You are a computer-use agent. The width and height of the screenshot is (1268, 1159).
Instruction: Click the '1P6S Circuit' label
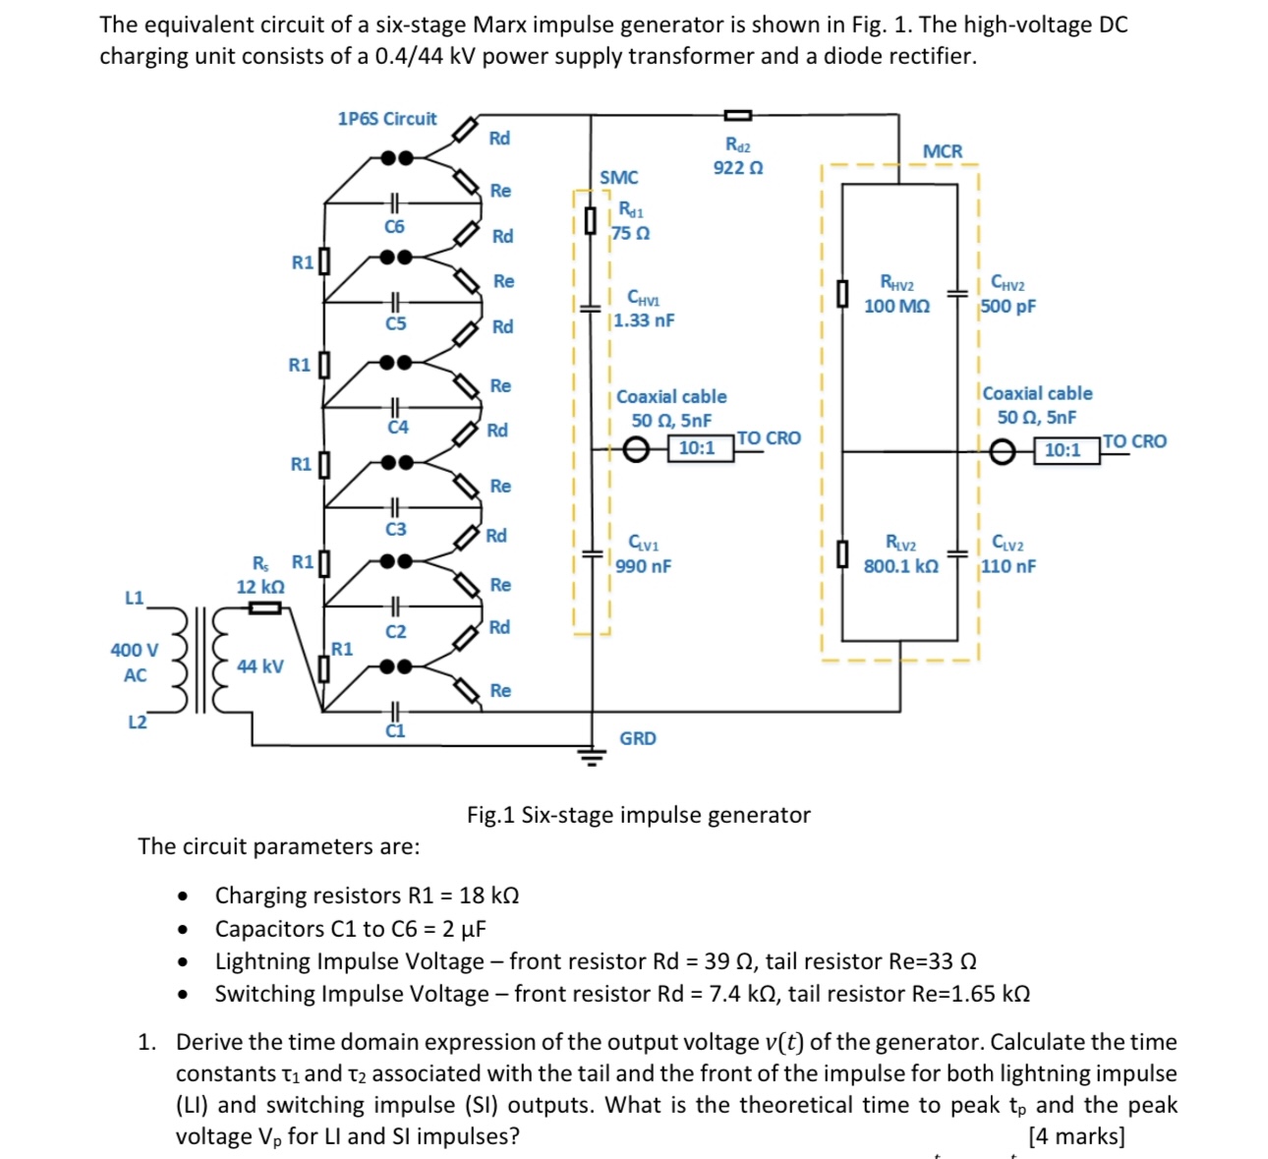tap(386, 119)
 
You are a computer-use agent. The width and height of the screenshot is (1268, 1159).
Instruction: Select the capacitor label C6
tap(394, 227)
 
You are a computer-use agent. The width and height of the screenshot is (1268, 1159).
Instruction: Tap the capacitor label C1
tap(394, 731)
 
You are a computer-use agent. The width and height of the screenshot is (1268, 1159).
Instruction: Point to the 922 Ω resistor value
tap(738, 168)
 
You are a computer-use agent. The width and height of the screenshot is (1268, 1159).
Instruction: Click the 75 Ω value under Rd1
tap(630, 234)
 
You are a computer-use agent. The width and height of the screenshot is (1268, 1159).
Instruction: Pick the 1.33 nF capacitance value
tap(644, 320)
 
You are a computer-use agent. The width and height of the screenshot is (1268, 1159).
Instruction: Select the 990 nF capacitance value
tap(644, 566)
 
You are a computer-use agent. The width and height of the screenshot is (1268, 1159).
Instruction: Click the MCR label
tap(943, 151)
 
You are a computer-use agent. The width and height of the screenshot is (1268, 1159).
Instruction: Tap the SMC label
tap(618, 178)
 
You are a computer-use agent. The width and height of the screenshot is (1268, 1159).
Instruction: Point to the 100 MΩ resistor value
tap(896, 307)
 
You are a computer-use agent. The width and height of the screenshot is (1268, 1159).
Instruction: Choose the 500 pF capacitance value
tap(1008, 307)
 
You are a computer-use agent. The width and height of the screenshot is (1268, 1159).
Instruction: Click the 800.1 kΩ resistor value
tap(900, 566)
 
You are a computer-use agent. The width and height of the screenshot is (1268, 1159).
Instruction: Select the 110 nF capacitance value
tap(1008, 566)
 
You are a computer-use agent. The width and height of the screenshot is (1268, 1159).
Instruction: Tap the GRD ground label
tap(637, 738)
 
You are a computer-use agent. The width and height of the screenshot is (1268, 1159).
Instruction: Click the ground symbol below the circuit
tap(590, 755)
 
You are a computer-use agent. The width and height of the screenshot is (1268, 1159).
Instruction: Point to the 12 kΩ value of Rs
tap(260, 587)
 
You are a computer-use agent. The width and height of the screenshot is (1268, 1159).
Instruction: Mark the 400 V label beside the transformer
tap(135, 651)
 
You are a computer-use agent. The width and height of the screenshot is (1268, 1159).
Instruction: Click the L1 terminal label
tap(135, 598)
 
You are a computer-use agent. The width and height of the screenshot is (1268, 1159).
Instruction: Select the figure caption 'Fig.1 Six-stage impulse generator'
tap(638, 815)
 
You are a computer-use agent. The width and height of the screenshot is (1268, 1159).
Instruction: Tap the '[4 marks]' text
tap(1076, 1136)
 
